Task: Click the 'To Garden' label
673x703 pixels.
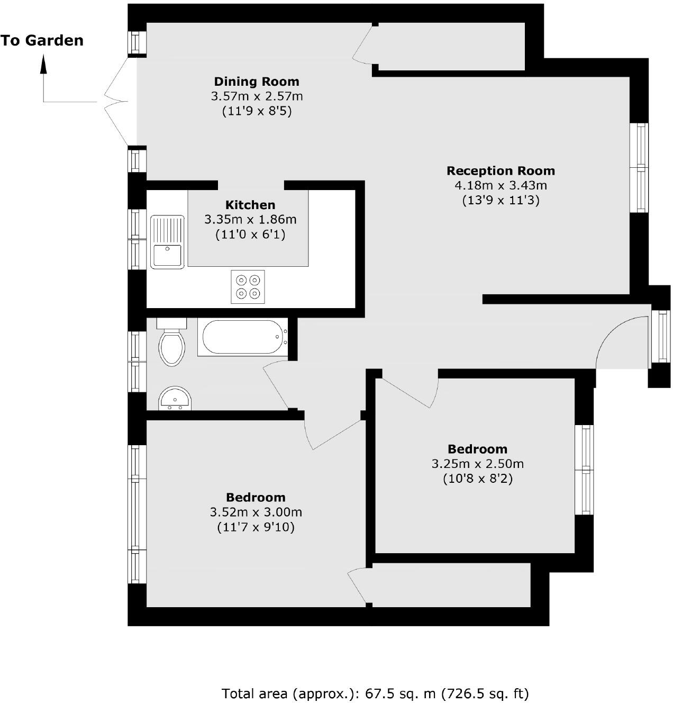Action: click(x=42, y=41)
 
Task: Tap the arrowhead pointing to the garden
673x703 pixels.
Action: click(x=43, y=65)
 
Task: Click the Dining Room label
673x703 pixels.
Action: click(x=257, y=82)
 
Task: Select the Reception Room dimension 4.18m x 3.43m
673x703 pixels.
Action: click(x=501, y=185)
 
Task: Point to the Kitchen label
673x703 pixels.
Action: click(x=250, y=205)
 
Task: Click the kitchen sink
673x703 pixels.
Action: click(x=167, y=242)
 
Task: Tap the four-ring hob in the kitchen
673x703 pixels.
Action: click(x=248, y=286)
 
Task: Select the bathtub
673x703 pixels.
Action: click(x=243, y=337)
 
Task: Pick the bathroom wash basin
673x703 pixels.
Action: click(x=175, y=399)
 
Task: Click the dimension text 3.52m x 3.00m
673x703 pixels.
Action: click(x=256, y=512)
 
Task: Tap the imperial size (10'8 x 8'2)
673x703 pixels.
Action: click(x=478, y=479)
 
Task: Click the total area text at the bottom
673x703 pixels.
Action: click(x=375, y=693)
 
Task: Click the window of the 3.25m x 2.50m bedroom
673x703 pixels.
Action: click(x=585, y=470)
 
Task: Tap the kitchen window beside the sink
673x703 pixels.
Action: click(x=137, y=239)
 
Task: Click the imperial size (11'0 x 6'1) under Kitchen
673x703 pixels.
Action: click(x=250, y=234)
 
